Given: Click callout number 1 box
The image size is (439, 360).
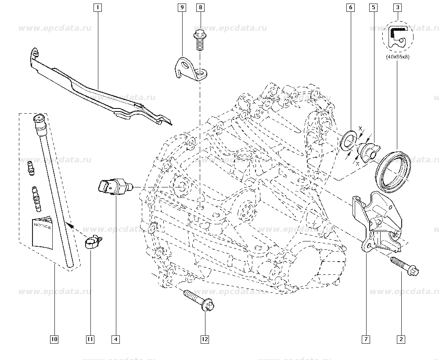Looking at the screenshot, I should (x=97, y=7).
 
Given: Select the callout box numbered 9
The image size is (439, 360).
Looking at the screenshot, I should (x=182, y=7).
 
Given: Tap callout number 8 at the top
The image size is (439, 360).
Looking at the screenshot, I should (x=200, y=7).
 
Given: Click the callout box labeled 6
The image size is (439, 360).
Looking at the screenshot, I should (x=350, y=7).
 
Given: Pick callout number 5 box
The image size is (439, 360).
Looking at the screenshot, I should (x=373, y=7).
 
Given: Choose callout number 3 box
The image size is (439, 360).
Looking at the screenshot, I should (x=397, y=7).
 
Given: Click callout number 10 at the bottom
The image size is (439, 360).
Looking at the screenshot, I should (x=54, y=339).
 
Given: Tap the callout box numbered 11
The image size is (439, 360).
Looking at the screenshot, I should (x=90, y=339).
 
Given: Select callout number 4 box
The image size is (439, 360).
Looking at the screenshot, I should (x=116, y=339).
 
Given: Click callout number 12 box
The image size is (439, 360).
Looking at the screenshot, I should (x=205, y=339).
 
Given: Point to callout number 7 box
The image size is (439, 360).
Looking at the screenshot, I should (x=365, y=339).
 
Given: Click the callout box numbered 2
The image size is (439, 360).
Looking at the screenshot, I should (x=400, y=339).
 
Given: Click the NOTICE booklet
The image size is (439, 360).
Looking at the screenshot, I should (x=43, y=231).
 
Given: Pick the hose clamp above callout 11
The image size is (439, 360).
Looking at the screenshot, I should (x=93, y=241).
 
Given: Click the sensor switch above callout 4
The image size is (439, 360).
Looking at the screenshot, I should (x=114, y=187).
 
